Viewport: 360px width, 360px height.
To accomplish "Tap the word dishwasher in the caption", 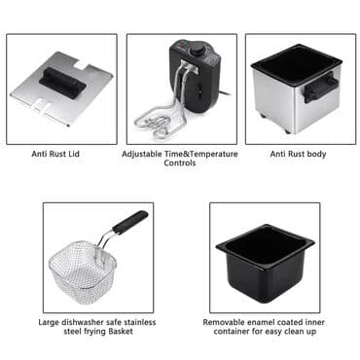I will click(89, 321).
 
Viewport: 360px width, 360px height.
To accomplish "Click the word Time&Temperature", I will click(202, 153).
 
